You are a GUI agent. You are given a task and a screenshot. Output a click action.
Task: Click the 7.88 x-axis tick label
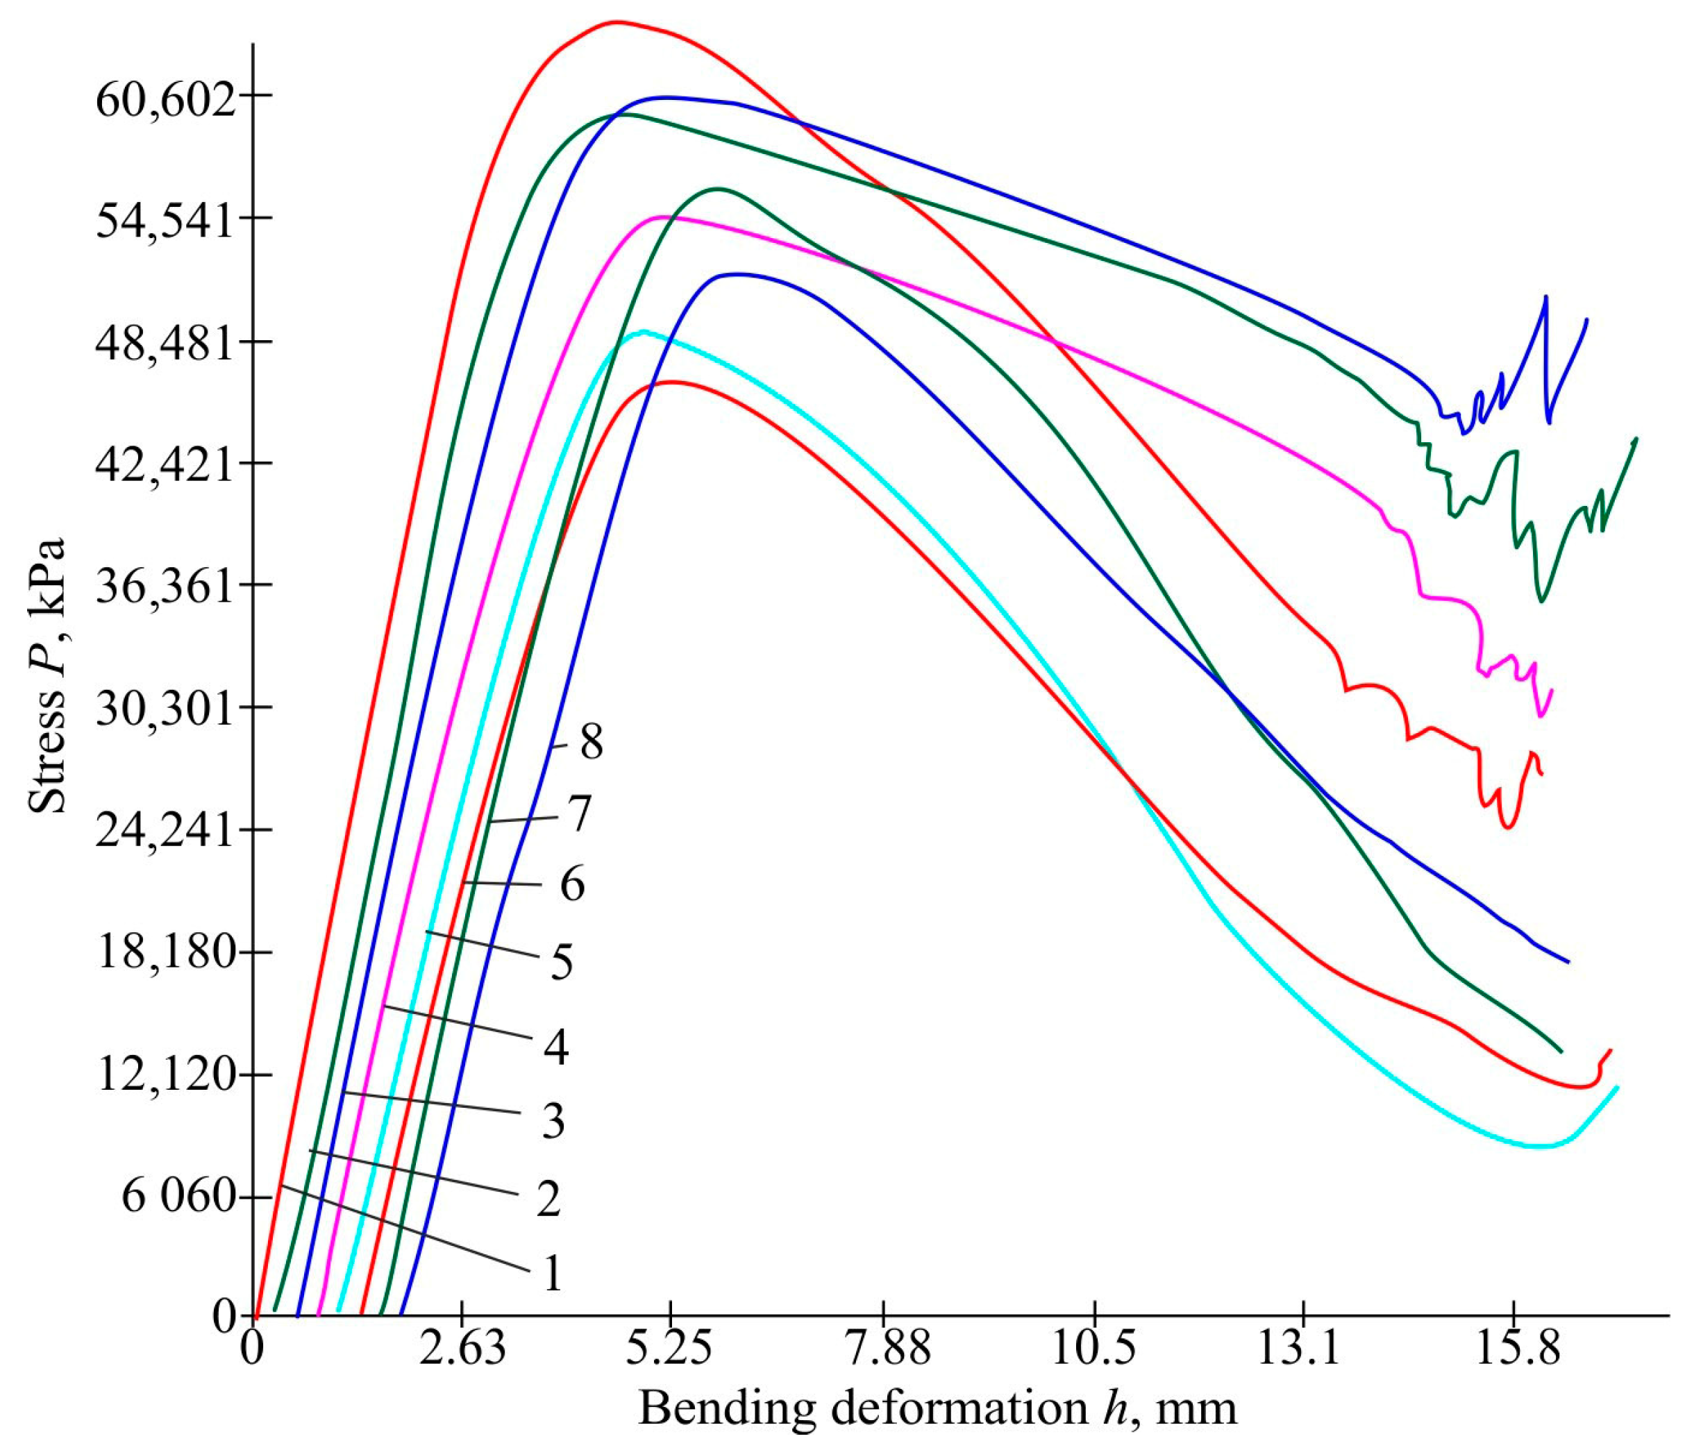click(x=884, y=1351)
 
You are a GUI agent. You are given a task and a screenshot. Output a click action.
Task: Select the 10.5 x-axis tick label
click(x=1095, y=1351)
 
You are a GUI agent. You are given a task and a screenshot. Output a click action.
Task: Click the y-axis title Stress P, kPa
click(x=47, y=675)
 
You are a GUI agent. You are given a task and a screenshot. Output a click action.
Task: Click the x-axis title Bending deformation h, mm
click(x=937, y=1408)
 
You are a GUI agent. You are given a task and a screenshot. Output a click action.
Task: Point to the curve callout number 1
click(x=553, y=1273)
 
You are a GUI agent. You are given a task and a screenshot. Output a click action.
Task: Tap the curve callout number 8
click(x=592, y=742)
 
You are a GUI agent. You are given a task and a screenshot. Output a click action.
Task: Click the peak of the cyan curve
click(x=644, y=332)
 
